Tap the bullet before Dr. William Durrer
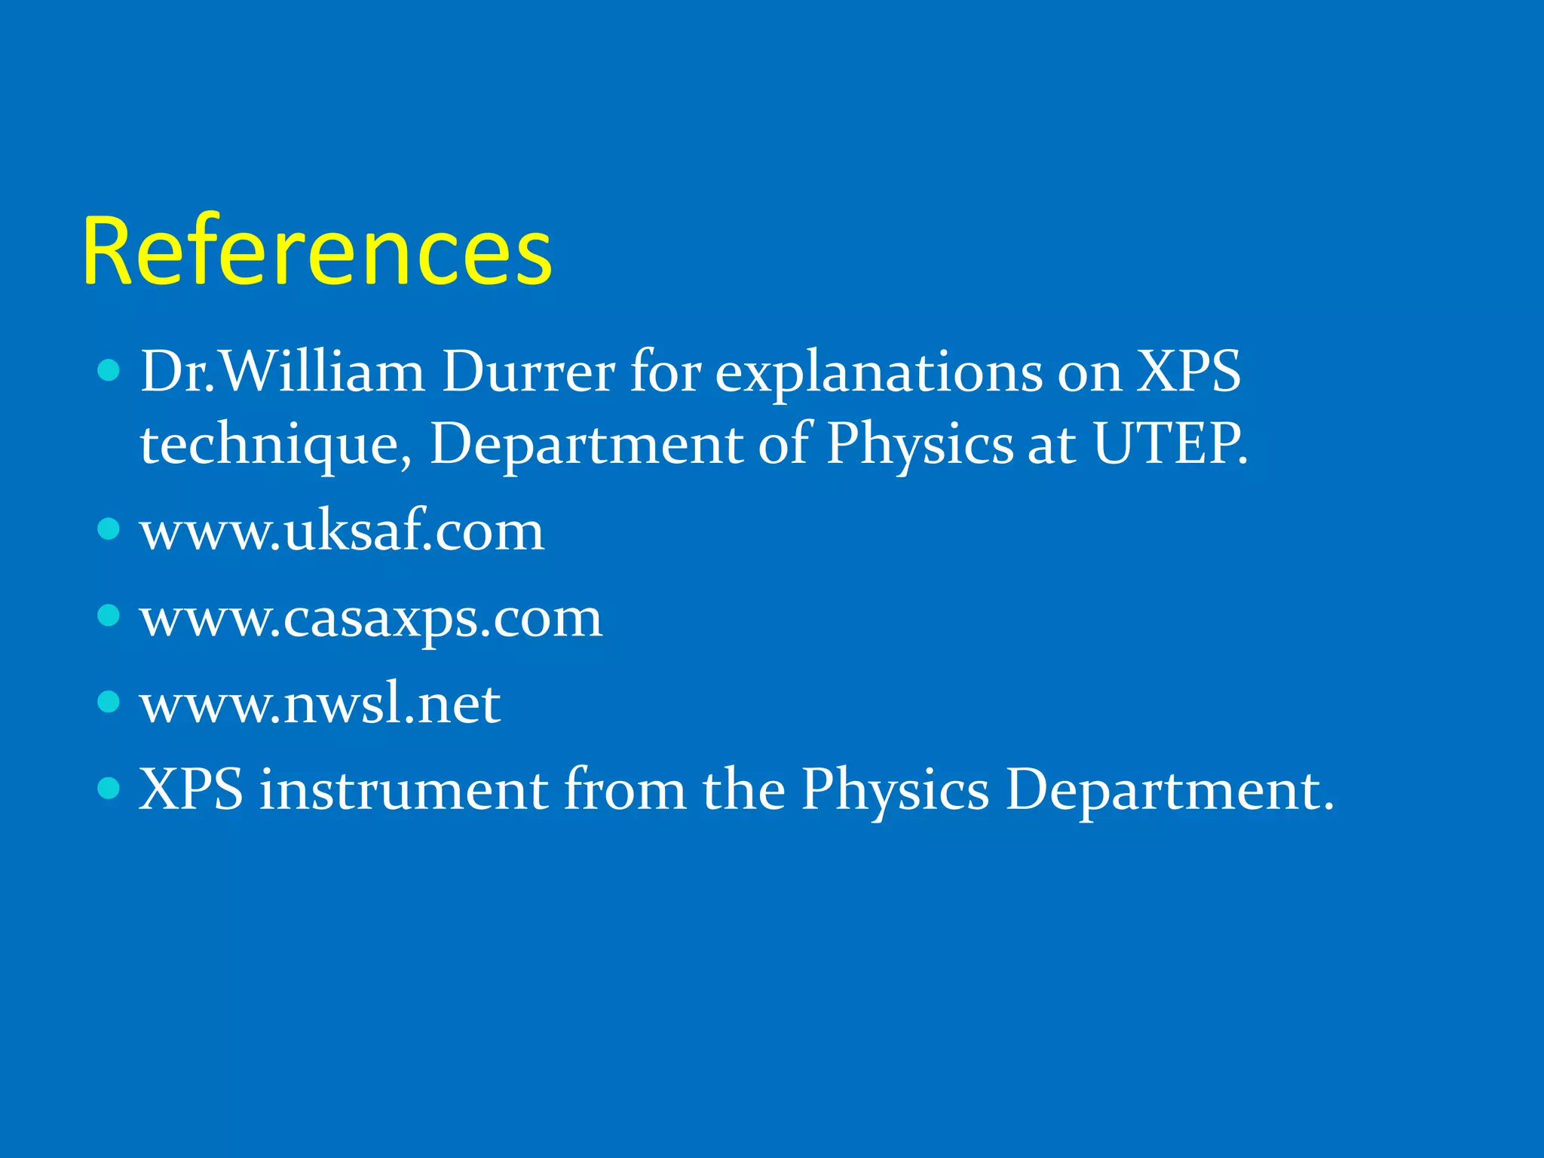click(x=109, y=370)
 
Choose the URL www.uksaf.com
click(x=342, y=531)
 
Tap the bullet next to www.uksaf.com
click(x=109, y=528)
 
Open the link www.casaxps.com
click(x=371, y=618)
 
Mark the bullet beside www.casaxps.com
click(x=109, y=615)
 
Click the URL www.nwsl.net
click(x=320, y=704)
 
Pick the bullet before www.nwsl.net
click(x=109, y=702)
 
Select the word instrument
click(x=404, y=790)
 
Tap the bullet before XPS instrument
click(x=109, y=789)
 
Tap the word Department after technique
click(x=586, y=445)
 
